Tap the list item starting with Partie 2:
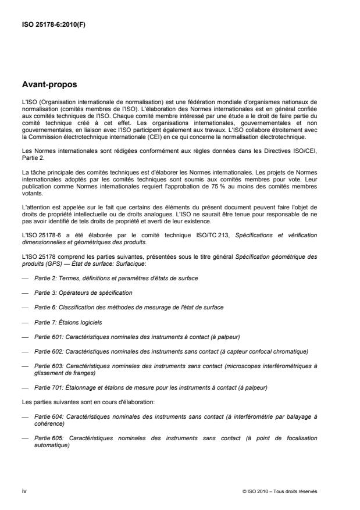[116, 279]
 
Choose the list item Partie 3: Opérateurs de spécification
[83, 292]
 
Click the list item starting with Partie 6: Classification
[129, 306]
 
